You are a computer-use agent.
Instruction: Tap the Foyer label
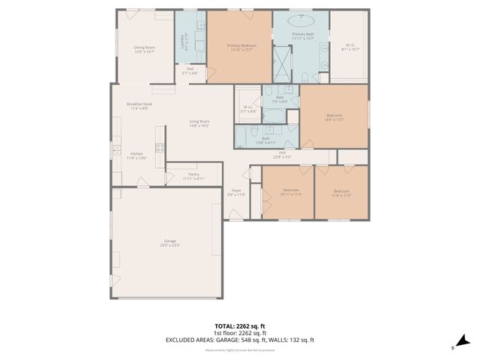click(236, 192)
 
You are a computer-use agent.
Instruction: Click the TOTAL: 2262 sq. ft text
click(240, 327)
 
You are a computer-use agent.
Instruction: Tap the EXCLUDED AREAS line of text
click(240, 340)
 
